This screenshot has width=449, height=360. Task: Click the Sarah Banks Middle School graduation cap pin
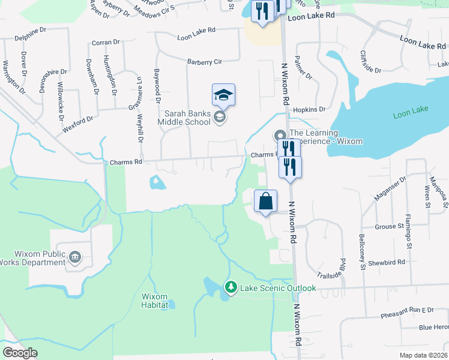223,95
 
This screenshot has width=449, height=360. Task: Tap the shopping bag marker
265,202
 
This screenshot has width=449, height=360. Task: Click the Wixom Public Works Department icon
75,257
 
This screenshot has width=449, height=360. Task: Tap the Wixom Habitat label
158,301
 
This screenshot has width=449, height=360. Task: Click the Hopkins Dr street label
309,110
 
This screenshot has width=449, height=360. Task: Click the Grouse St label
389,227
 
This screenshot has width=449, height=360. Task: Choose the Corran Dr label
106,43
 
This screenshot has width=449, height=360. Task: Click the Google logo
20,352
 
